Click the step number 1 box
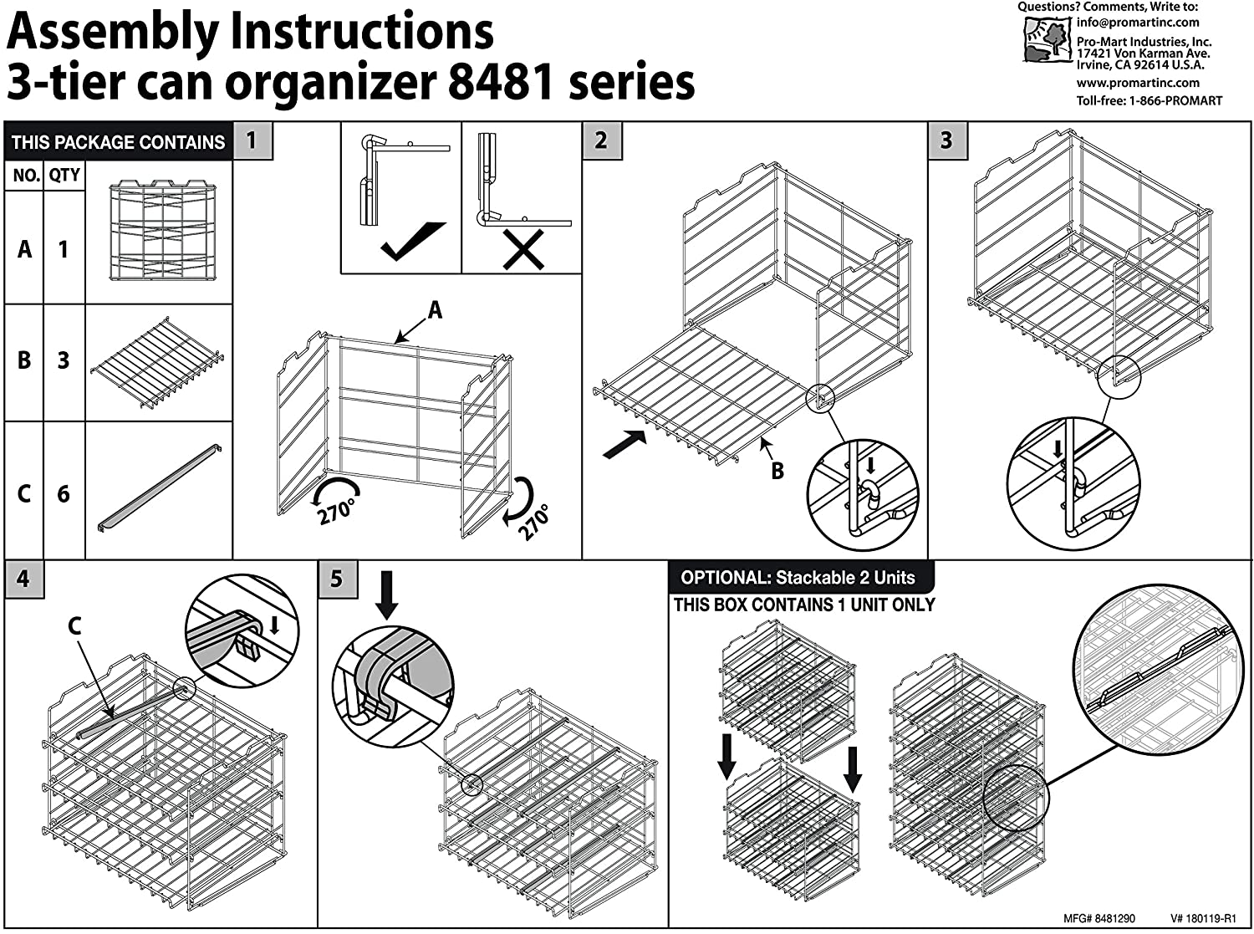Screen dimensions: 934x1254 tap(252, 140)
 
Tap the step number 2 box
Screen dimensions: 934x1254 tap(601, 140)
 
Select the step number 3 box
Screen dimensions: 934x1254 tap(947, 140)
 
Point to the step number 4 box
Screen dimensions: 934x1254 tap(23, 579)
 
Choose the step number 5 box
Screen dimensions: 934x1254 tap(337, 579)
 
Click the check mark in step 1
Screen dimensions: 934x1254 tap(412, 243)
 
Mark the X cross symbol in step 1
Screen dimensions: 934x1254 tap(523, 248)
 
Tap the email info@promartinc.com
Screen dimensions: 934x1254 tap(1137, 23)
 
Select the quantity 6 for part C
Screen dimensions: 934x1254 tap(64, 494)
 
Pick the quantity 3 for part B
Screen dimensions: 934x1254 tap(64, 360)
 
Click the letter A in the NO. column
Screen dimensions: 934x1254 tap(24, 249)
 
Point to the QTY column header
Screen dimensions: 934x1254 tap(64, 175)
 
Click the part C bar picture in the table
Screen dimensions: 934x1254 tap(159, 488)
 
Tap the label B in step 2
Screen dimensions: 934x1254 tap(777, 471)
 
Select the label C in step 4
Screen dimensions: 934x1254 tap(74, 626)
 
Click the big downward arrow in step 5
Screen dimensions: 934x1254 tap(385, 595)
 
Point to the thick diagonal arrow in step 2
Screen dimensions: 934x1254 tap(624, 443)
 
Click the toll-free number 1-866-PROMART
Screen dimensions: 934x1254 tap(1175, 101)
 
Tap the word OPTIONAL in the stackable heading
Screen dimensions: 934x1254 tap(724, 578)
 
